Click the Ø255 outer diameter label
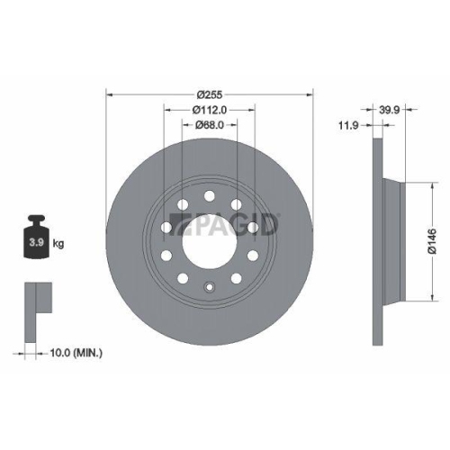click(210, 93)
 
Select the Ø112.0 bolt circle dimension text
click(210, 109)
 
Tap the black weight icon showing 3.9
click(37, 240)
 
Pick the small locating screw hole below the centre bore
click(209, 289)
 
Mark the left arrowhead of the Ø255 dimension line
click(110, 93)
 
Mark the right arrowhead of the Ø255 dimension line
click(310, 93)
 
